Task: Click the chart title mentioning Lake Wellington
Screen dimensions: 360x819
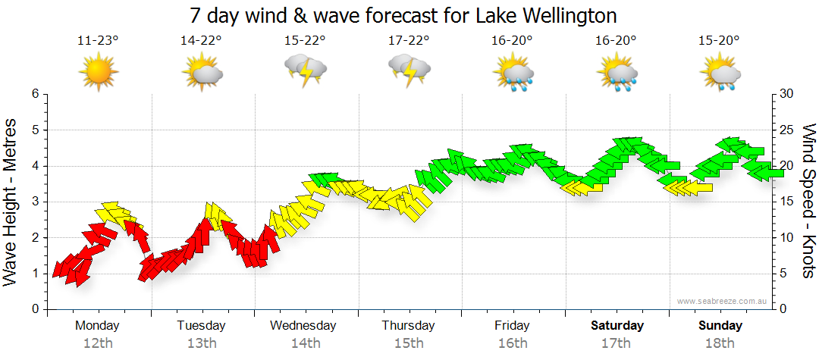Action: [x=403, y=14]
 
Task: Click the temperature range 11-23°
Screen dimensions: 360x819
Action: [x=98, y=41]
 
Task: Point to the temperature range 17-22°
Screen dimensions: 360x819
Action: [x=409, y=41]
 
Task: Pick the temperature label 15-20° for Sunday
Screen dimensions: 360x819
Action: [x=720, y=41]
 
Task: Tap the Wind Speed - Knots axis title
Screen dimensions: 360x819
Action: [x=808, y=201]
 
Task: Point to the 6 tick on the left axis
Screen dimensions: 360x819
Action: [x=34, y=94]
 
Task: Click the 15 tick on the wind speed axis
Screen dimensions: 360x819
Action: [x=786, y=202]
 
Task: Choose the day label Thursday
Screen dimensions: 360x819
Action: [x=409, y=326]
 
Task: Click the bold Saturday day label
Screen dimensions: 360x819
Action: [x=617, y=326]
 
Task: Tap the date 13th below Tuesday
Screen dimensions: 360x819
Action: [x=202, y=343]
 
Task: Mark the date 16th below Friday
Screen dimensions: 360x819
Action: [x=513, y=343]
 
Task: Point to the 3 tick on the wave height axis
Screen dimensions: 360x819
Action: [x=34, y=202]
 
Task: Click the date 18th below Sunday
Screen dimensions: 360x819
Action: [x=720, y=343]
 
